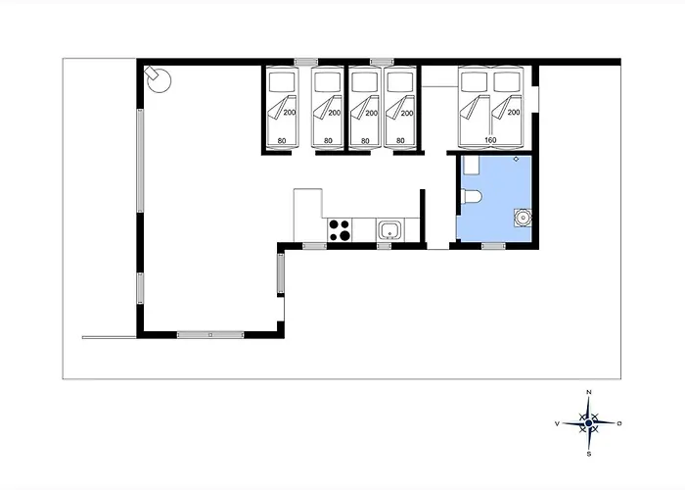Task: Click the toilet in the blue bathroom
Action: click(x=471, y=196)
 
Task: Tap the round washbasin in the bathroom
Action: click(x=523, y=218)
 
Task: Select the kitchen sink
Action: click(x=389, y=230)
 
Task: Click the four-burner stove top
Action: click(x=340, y=230)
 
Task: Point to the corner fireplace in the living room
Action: click(x=158, y=79)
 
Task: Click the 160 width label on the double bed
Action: click(x=490, y=140)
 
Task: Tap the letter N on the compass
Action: click(x=588, y=392)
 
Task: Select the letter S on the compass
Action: click(x=589, y=454)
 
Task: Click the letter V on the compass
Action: click(x=557, y=423)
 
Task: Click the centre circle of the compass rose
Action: click(x=589, y=423)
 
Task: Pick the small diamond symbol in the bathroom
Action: click(x=516, y=159)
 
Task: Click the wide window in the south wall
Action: click(x=210, y=335)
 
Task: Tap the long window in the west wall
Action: click(x=140, y=161)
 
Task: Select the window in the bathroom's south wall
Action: click(x=493, y=246)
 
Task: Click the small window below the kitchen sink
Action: click(x=384, y=246)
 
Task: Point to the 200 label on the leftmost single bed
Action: click(x=290, y=113)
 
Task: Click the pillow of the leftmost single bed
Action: click(x=282, y=81)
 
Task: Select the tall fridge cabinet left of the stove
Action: click(x=308, y=215)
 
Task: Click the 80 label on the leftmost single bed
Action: click(x=282, y=141)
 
